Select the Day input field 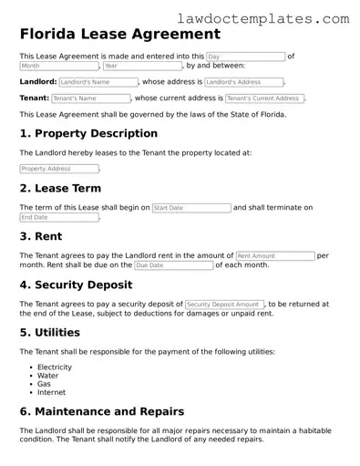click(245, 57)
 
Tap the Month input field click(58, 67)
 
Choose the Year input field click(142, 67)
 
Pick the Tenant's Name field click(90, 98)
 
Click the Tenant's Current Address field click(263, 98)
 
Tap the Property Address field click(58, 169)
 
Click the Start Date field click(190, 208)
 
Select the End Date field click(58, 218)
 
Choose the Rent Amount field click(274, 256)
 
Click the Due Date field click(173, 265)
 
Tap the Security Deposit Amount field click(224, 304)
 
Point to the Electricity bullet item click(54, 367)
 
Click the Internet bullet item click(50, 393)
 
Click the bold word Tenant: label click(34, 98)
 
